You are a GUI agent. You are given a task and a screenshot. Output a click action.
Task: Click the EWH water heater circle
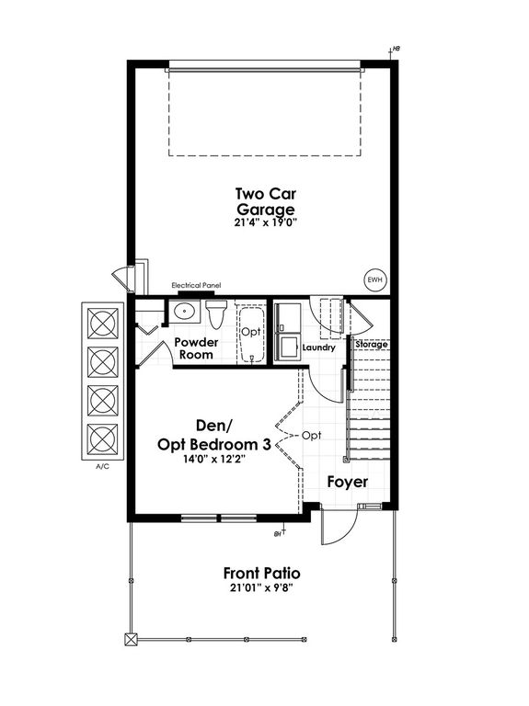pyautogui.click(x=374, y=279)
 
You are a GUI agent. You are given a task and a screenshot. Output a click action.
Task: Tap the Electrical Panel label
pyautogui.click(x=196, y=286)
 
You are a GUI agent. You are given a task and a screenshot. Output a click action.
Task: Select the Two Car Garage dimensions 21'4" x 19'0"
pyautogui.click(x=266, y=222)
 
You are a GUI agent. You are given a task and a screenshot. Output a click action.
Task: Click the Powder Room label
pyautogui.click(x=196, y=348)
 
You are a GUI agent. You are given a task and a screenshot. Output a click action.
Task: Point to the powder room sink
pyautogui.click(x=184, y=311)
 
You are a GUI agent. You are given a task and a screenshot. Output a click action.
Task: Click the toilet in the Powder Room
pyautogui.click(x=216, y=313)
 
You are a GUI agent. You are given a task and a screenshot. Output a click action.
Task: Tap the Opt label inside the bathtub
pyautogui.click(x=251, y=332)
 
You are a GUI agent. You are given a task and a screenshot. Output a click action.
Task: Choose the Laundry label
pyautogui.click(x=319, y=347)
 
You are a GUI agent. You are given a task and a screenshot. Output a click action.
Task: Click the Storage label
pyautogui.click(x=372, y=345)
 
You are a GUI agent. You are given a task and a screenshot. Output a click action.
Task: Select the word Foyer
pyautogui.click(x=348, y=482)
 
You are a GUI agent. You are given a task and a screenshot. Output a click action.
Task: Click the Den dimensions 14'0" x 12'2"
pyautogui.click(x=214, y=460)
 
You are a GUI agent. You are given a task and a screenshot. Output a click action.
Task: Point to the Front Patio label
pyautogui.click(x=262, y=574)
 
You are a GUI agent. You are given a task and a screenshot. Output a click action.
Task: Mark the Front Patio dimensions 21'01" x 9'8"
pyautogui.click(x=262, y=588)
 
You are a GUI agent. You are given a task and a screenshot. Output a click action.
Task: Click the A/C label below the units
pyautogui.click(x=102, y=466)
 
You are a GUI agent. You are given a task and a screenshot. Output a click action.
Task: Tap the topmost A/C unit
pyautogui.click(x=104, y=323)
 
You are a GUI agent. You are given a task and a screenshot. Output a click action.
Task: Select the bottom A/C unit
pyautogui.click(x=104, y=439)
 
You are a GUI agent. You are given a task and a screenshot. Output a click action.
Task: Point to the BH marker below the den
pyautogui.click(x=281, y=531)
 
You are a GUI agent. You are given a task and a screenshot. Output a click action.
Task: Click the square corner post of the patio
pyautogui.click(x=131, y=640)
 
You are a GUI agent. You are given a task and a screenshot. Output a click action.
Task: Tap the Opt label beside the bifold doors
pyautogui.click(x=311, y=436)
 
